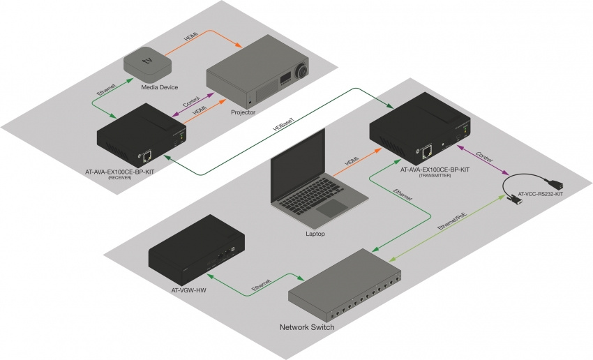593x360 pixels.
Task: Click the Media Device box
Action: tap(147, 63)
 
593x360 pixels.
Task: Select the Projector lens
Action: tap(301, 70)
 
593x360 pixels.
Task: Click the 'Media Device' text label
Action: tap(160, 88)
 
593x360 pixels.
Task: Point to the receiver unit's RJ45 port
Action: tap(148, 156)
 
